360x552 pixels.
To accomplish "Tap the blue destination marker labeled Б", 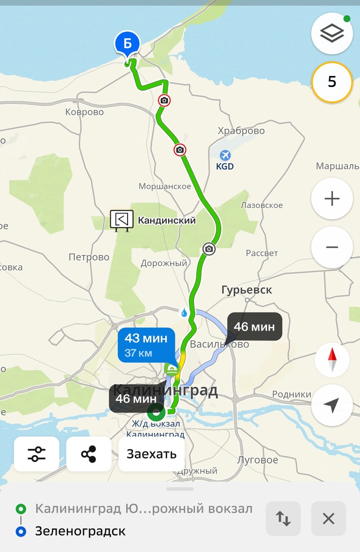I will [127, 45].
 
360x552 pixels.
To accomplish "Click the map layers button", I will [332, 33].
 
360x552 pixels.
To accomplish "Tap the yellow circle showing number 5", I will [332, 82].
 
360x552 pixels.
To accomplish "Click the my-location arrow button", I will [331, 405].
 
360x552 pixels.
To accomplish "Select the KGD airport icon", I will [225, 155].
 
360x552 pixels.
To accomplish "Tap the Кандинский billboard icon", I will [122, 220].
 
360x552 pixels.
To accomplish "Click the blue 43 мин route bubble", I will [146, 345].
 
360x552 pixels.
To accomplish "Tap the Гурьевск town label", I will [246, 290].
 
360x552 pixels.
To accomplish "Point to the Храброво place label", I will [241, 131].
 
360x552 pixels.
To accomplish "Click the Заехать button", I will [151, 454].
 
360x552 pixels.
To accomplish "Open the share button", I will [89, 454].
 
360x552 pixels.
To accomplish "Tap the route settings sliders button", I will [37, 454].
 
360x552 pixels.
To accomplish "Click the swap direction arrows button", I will [283, 518].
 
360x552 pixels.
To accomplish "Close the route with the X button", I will [328, 518].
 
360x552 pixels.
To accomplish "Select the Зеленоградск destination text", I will [80, 532].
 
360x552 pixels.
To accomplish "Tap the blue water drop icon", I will [184, 313].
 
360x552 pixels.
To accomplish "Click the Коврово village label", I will [84, 112].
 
